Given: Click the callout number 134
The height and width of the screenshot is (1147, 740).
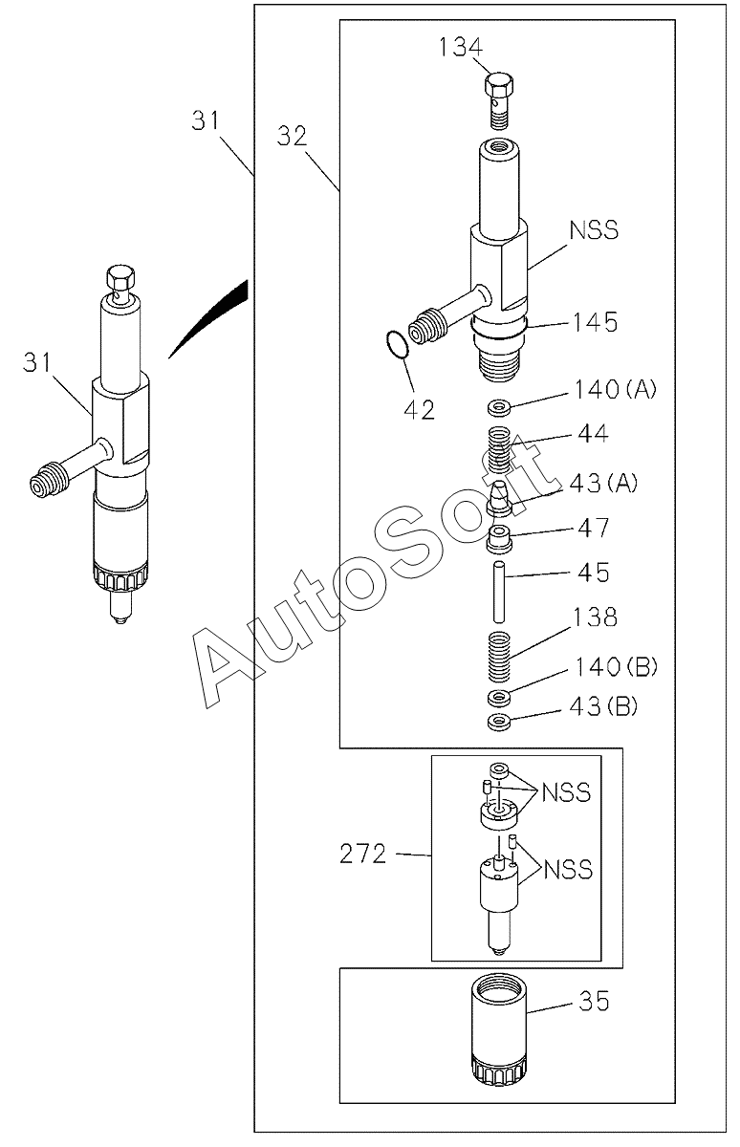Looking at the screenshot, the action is (x=461, y=47).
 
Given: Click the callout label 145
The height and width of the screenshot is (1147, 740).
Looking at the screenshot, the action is (x=595, y=323).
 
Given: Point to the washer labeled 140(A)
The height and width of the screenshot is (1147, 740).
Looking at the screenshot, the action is (x=499, y=409).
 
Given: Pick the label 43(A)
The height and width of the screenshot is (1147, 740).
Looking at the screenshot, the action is (x=603, y=483).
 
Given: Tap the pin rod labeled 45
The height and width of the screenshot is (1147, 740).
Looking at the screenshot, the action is (x=499, y=593).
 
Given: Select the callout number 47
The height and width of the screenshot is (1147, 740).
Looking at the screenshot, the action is (x=593, y=528).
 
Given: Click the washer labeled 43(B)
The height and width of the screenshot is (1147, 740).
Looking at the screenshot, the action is (x=499, y=722).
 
